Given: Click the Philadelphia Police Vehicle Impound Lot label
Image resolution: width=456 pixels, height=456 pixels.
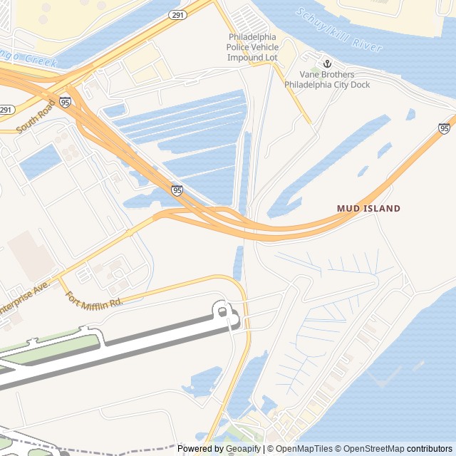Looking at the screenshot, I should (252, 47).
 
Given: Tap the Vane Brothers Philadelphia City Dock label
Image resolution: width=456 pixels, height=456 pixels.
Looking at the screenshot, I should (327, 80).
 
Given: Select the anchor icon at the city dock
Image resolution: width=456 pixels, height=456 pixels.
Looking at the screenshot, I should (328, 63).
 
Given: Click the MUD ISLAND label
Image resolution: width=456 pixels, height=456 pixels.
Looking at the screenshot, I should (368, 209).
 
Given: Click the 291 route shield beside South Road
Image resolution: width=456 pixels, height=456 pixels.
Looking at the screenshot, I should (6, 110).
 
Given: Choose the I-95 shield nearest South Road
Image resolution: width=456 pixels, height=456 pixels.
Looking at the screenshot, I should (66, 102).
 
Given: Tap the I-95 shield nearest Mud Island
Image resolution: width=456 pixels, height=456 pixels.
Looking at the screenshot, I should (444, 128).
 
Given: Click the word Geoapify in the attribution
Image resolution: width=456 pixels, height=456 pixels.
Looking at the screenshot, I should (243, 449).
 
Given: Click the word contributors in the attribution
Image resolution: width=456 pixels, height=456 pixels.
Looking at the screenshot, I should (430, 449).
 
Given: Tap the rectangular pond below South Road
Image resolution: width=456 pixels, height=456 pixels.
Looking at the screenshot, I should (40, 162).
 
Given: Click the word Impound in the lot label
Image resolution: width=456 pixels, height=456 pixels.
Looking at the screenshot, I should (246, 57).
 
